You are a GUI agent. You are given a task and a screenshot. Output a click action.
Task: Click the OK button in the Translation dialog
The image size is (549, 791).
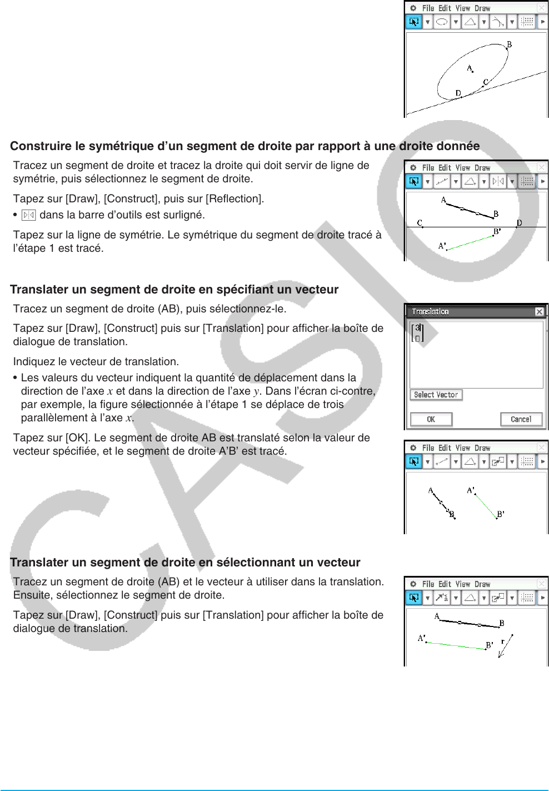pos(431,419)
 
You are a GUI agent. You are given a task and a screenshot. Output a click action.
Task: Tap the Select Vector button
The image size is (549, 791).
pos(436,395)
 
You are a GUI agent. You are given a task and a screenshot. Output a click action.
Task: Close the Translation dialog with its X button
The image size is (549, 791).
pos(539,312)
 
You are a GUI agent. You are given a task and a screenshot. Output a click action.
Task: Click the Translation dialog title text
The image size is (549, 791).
pos(430,312)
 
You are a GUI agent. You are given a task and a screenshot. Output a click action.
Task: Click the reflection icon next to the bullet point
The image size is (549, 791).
pos(28,215)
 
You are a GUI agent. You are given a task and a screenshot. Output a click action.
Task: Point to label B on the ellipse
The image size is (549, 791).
pos(509,44)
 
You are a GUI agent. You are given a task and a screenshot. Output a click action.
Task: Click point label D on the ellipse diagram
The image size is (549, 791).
pos(458,93)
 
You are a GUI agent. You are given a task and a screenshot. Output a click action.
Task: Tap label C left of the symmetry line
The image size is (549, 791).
pos(420,222)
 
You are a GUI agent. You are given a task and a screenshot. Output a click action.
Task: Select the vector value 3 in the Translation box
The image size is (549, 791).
pos(417,328)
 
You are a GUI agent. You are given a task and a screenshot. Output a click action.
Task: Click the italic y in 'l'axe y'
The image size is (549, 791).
pos(256,391)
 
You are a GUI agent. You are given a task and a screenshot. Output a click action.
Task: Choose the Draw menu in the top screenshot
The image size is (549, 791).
pos(482,8)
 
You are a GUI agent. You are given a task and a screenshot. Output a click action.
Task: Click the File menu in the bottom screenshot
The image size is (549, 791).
pos(428,584)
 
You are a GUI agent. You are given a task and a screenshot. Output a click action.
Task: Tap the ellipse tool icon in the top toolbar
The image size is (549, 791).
pos(442,22)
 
